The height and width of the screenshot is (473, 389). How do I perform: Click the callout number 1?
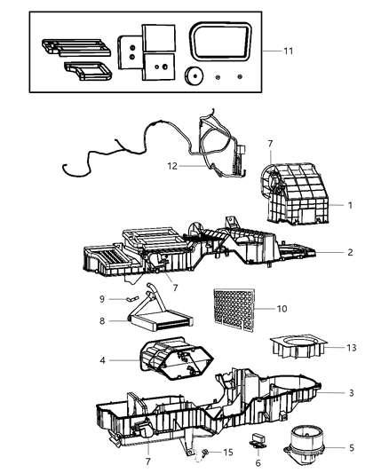click(x=351, y=205)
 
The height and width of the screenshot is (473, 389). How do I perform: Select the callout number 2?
click(x=351, y=253)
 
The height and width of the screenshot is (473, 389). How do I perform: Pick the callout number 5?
click(x=351, y=448)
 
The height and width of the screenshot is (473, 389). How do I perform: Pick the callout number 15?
click(x=228, y=453)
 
